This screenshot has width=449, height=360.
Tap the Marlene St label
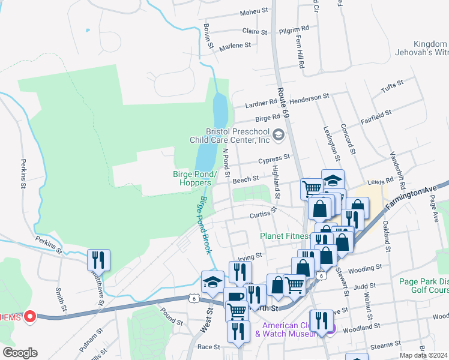pos(234,46)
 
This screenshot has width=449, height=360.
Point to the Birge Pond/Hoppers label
pos(192,178)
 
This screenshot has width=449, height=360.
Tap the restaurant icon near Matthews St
pos(97,260)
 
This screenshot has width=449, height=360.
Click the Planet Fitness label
pos(285,236)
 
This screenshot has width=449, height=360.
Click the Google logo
pos(20,353)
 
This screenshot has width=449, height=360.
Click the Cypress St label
pos(274,159)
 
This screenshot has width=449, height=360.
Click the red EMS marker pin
pos(29,316)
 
